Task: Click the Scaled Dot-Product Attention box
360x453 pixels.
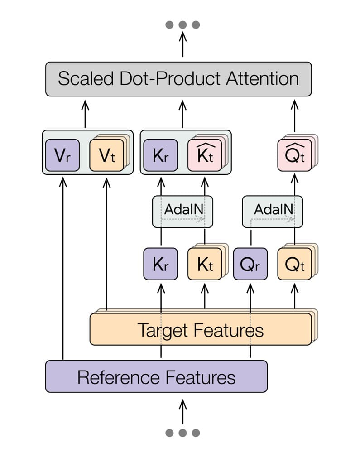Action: pos(178,79)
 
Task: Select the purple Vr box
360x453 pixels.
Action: pos(62,155)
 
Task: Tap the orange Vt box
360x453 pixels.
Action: pos(106,155)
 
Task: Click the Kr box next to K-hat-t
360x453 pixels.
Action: pos(160,155)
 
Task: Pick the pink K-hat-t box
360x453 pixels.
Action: pos(204,155)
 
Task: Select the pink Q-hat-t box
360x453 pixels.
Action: pos(294,155)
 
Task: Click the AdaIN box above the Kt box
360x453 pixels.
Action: pos(182,211)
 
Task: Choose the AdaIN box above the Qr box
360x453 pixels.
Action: pos(272,211)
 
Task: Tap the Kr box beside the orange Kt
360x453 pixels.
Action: pos(160,264)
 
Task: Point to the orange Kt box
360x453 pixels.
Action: pos(204,264)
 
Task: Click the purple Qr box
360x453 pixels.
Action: pos(250,264)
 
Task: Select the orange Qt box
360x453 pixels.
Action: pos(294,264)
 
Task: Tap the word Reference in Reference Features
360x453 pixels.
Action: pos(118,377)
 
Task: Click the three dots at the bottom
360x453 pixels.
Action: pos(182,433)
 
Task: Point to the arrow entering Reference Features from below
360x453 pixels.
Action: pos(182,410)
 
